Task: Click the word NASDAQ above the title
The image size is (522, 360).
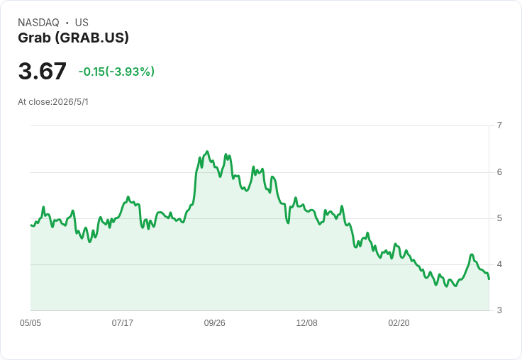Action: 38,23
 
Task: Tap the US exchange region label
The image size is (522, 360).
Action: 82,23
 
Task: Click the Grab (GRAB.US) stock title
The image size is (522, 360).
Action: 73,38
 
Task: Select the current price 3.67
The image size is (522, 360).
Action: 43,71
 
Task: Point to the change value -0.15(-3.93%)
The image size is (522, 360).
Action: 116,72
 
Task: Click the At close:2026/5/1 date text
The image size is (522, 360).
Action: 53,102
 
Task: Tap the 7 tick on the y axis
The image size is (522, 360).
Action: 499,125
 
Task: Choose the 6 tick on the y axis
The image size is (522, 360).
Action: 499,172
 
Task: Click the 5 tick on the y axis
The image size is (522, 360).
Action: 499,218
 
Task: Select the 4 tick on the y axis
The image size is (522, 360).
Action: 499,264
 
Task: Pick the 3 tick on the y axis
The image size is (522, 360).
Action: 499,310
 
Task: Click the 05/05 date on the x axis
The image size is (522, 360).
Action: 30,323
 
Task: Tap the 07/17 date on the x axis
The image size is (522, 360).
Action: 123,323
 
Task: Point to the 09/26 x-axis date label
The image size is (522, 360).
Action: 214,323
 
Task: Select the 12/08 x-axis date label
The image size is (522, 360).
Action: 306,323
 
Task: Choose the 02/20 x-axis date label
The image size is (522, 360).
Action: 399,323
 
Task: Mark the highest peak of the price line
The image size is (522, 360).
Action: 207,152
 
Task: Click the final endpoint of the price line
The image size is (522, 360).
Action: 489,279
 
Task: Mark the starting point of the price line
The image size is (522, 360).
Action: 30,225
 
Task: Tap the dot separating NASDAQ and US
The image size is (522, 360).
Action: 67,23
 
